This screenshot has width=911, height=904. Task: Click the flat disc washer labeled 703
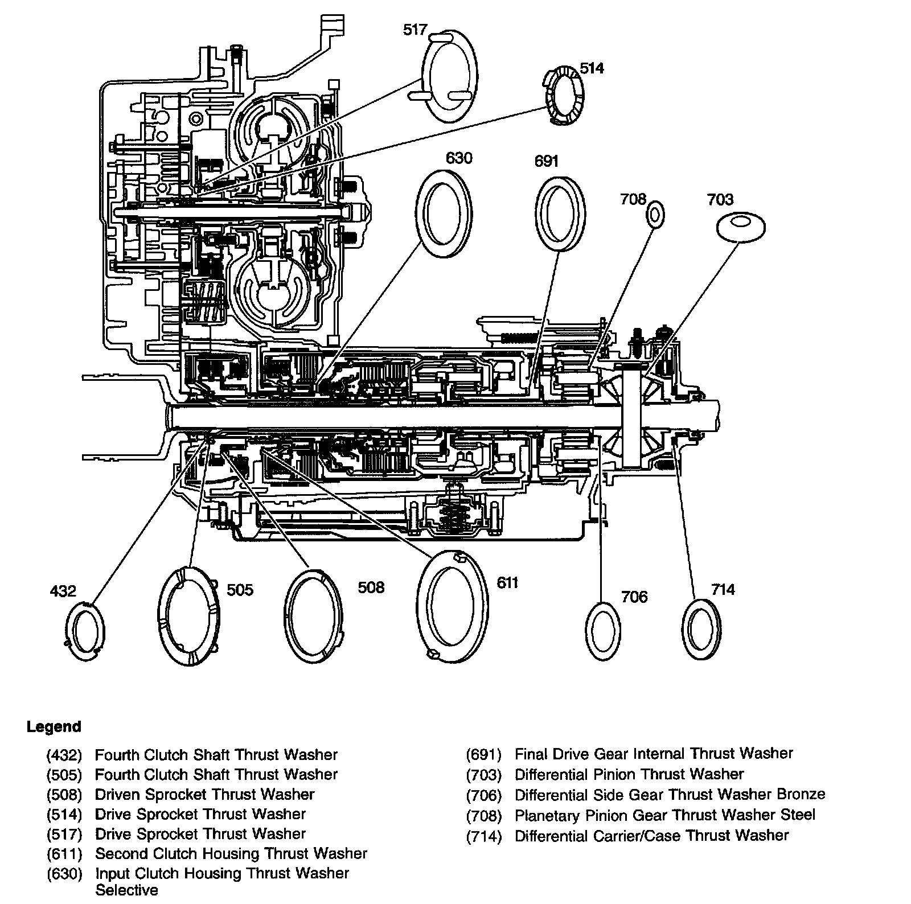pos(740,227)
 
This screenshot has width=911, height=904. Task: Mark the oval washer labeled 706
pos(603,630)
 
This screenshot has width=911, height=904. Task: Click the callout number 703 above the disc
pos(720,200)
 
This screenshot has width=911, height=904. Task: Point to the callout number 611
pos(507,583)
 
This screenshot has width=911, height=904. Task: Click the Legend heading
pos(54,727)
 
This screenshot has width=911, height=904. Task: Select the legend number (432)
pos(64,755)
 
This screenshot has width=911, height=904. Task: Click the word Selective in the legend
pos(127,890)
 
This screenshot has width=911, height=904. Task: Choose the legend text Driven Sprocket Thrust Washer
pos(204,794)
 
